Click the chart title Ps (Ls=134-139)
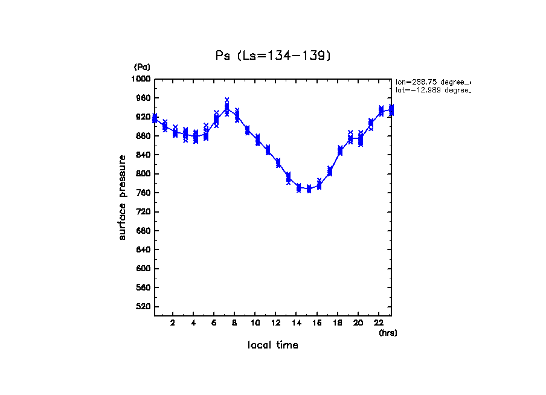click(x=273, y=56)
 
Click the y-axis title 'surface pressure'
click(x=123, y=197)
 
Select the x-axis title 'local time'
click(x=273, y=345)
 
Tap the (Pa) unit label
click(x=142, y=67)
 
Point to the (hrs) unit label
click(x=388, y=333)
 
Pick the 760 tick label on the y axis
click(x=143, y=193)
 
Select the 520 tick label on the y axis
click(x=143, y=307)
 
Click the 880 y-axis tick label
click(x=143, y=136)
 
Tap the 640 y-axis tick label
click(x=143, y=250)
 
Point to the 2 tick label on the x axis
click(x=173, y=323)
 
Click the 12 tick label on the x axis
click(x=276, y=323)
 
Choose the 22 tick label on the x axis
click(x=379, y=323)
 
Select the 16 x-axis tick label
click(x=317, y=323)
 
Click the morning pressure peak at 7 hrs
click(x=226, y=108)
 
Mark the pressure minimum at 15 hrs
click(x=309, y=189)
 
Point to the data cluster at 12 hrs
click(x=278, y=162)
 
